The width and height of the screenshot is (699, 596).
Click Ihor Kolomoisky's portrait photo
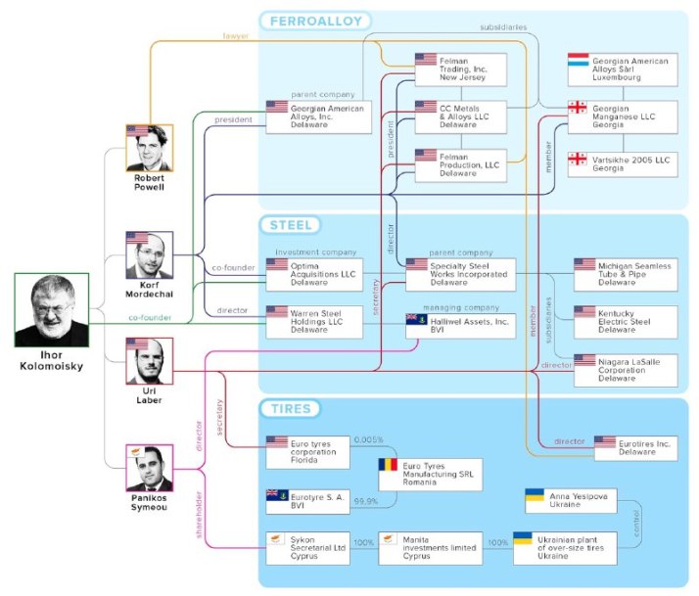pyautogui.click(x=51, y=309)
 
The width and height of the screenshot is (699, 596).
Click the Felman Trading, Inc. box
pyautogui.click(x=460, y=69)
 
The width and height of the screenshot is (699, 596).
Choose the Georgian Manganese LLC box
pyautogui.click(x=623, y=116)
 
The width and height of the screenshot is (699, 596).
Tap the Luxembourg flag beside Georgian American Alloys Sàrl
pyautogui.click(x=579, y=62)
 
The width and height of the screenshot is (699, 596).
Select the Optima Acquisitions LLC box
pyautogui.click(x=313, y=273)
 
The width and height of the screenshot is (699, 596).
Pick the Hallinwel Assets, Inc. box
pyautogui.click(x=460, y=325)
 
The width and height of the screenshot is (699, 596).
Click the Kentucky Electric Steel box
pyautogui.click(x=625, y=320)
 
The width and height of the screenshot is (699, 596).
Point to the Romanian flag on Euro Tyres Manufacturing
pyautogui.click(x=390, y=467)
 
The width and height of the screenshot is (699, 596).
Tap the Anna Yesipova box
pyautogui.click(x=571, y=500)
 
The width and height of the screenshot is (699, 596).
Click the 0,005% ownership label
pyautogui.click(x=369, y=439)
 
